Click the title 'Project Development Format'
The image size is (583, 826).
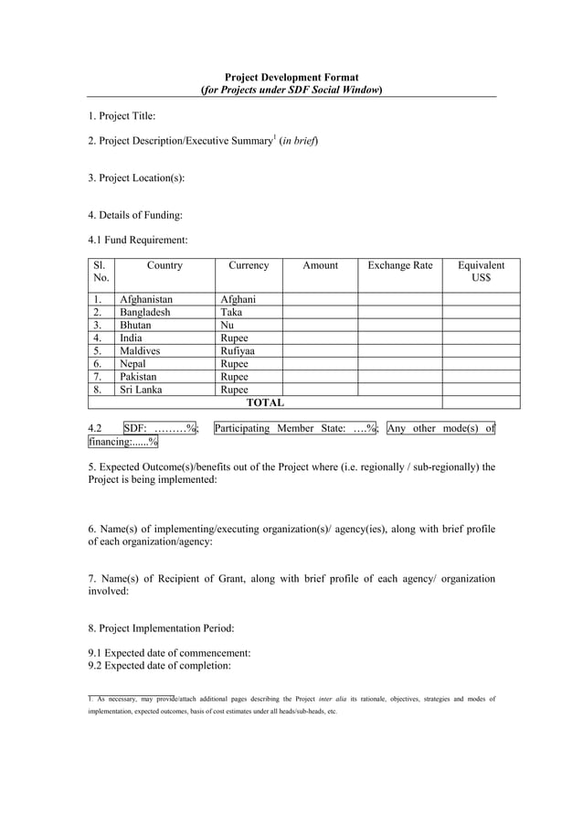click(291, 78)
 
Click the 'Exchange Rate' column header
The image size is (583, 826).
click(399, 265)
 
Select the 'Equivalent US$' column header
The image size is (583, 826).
click(481, 272)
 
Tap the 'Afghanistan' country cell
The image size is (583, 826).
click(146, 299)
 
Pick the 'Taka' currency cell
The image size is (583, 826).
click(231, 312)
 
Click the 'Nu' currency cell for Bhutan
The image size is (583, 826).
click(228, 325)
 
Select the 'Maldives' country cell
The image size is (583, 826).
click(140, 350)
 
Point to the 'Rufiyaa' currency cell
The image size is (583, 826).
click(238, 350)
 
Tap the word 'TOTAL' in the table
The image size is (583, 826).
click(265, 402)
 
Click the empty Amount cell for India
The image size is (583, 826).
click(319, 338)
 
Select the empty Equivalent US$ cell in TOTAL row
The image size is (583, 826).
click(481, 402)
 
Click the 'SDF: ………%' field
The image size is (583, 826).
click(161, 428)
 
